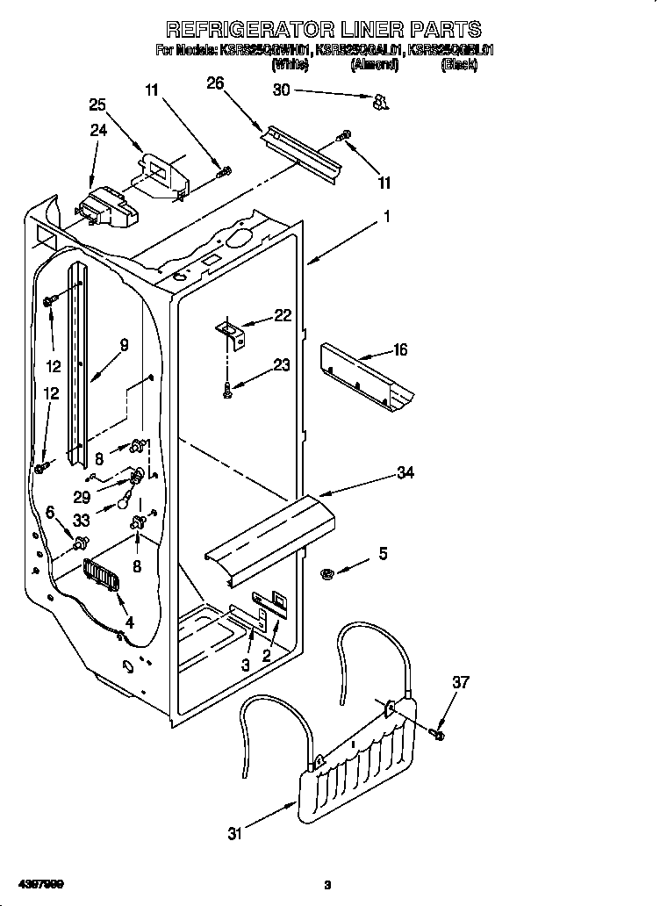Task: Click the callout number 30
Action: (281, 90)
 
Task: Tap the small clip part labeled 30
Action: (380, 104)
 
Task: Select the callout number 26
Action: (215, 83)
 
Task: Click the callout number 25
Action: (98, 105)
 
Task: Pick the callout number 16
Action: (399, 350)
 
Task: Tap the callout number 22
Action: (282, 316)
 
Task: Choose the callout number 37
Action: (461, 681)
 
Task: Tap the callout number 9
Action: (125, 345)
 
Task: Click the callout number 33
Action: (82, 519)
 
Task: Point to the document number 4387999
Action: (38, 881)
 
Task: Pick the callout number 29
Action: (82, 496)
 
